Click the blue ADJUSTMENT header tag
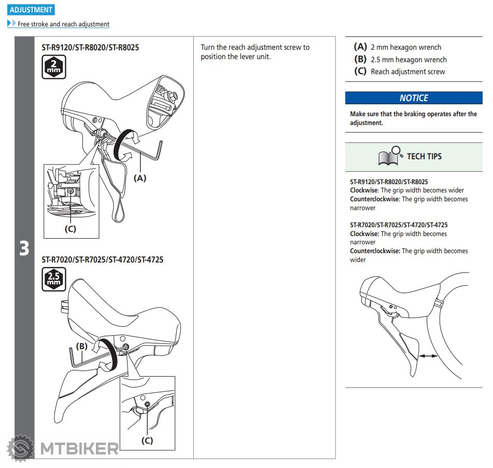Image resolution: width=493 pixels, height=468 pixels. tap(31, 9)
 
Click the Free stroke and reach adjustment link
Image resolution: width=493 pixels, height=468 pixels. tap(63, 24)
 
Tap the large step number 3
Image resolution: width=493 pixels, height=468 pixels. tap(24, 249)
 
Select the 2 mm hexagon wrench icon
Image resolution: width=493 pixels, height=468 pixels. tap(54, 67)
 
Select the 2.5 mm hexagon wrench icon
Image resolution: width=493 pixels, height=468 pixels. tap(54, 279)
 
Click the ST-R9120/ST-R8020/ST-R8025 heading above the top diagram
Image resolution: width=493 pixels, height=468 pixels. tap(90, 47)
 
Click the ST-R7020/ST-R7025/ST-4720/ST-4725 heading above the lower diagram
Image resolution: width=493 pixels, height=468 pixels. tap(102, 259)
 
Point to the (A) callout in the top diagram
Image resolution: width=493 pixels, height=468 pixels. tap(140, 178)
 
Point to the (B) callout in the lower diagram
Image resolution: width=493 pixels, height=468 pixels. tap(81, 346)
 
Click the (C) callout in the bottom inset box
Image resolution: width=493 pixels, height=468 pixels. tap(147, 441)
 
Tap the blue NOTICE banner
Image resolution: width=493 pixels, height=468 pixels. tap(414, 98)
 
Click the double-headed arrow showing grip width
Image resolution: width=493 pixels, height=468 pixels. tap(428, 356)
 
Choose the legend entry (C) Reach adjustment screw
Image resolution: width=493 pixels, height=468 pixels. tap(399, 72)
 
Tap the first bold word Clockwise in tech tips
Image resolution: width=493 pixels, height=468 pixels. tap(364, 190)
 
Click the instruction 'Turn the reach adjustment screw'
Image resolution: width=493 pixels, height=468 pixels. tap(255, 47)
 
